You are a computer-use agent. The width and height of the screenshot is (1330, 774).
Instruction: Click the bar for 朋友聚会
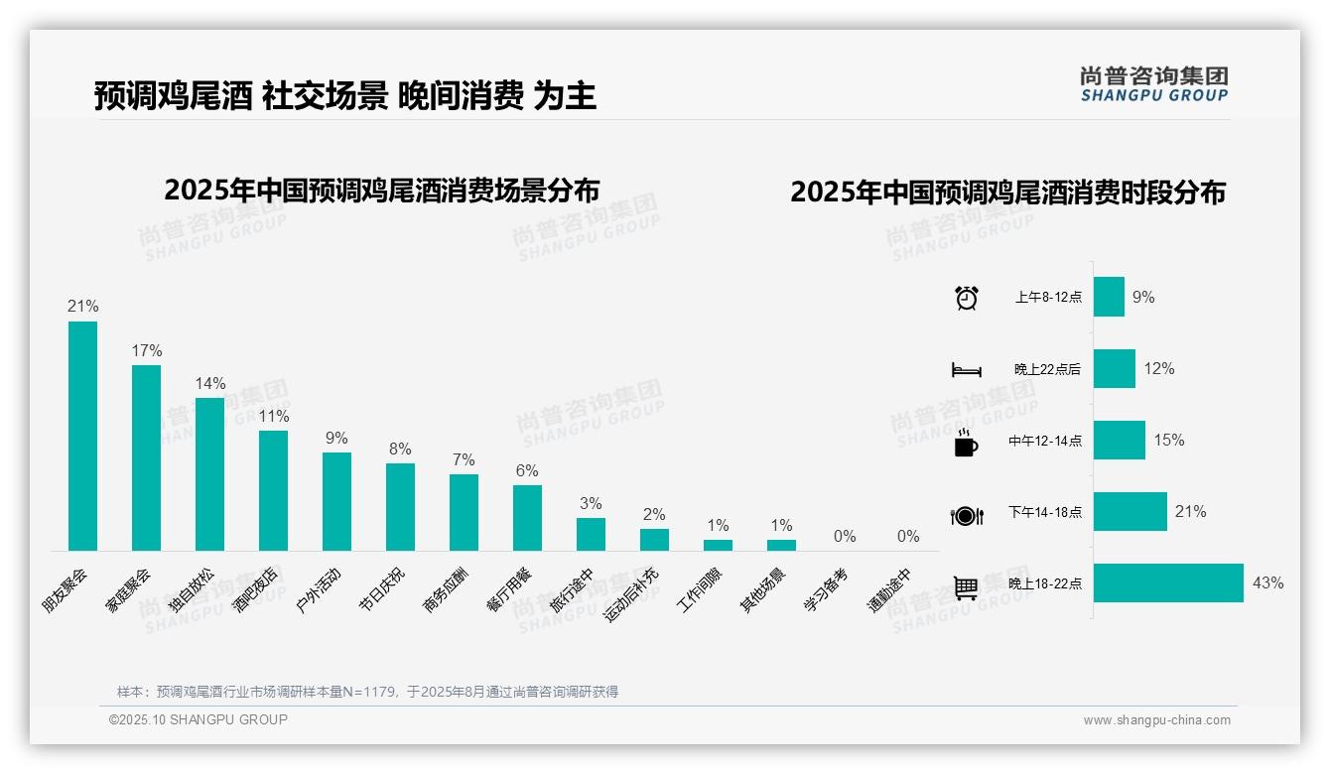coord(82,436)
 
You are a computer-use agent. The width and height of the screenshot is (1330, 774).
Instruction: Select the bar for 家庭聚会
coord(146,457)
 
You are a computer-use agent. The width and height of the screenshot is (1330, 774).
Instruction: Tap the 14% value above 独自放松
coord(210,383)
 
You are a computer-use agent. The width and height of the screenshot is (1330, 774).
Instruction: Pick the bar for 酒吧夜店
coord(273,490)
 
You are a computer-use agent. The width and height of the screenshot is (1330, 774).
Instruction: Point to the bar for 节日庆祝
coord(400,507)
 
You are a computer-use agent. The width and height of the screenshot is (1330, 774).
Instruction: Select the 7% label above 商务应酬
coord(464,459)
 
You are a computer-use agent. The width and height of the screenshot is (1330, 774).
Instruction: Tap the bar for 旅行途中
coord(591,534)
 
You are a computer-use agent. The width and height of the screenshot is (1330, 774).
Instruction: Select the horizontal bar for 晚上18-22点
coord(1168,582)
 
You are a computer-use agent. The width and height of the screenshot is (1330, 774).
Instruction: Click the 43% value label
coord(1267,582)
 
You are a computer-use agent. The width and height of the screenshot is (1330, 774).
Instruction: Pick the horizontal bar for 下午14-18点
coord(1130,511)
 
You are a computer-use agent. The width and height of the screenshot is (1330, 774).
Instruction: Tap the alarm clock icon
coord(967,298)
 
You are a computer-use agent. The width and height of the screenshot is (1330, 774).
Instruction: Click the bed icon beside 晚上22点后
coord(967,370)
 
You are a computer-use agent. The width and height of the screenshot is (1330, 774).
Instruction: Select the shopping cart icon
coord(966,587)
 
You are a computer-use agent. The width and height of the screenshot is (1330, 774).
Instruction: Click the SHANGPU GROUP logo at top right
coord(1153,84)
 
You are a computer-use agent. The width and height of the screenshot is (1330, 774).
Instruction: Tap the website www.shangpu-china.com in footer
coord(1156,720)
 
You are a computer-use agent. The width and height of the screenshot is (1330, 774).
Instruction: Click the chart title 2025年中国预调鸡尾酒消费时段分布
coord(1007,193)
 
